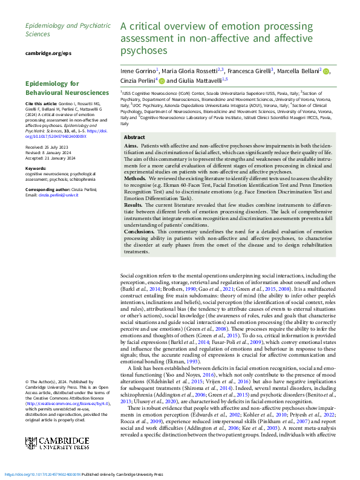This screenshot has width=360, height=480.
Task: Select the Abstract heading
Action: [x=134, y=137]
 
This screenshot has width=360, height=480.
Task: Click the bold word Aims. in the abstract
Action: [x=131, y=147]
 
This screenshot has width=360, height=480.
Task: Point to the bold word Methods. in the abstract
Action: [x=135, y=180]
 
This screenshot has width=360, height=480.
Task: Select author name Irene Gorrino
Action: [x=139, y=71]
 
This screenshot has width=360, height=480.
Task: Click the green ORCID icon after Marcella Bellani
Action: [x=327, y=71]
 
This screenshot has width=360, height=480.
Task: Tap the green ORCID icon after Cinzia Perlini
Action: [x=161, y=80]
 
